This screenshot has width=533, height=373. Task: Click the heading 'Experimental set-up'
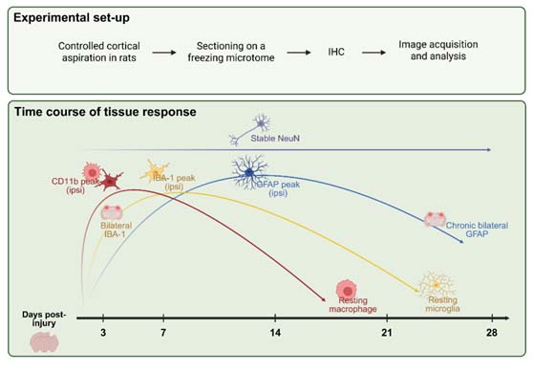point(72,18)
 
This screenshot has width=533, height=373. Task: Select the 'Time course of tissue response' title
point(105,112)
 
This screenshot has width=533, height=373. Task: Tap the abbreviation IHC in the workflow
point(336,52)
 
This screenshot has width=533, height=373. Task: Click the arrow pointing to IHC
point(298,53)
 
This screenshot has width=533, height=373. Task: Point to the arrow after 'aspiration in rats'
point(164,53)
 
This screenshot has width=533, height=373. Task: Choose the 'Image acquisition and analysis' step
point(438,51)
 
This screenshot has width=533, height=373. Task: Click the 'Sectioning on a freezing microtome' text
point(231,52)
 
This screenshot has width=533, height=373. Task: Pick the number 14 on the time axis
point(275,333)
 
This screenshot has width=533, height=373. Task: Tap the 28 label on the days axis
point(492,333)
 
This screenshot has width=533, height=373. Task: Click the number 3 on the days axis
point(103,333)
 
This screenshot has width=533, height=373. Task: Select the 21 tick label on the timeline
point(387,333)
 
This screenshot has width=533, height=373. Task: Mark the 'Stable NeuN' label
point(275,139)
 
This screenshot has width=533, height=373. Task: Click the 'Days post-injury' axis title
point(44,318)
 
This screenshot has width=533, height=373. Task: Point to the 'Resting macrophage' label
point(352,305)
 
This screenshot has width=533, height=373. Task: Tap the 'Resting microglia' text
point(442,304)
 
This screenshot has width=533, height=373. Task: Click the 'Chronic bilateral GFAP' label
point(477,230)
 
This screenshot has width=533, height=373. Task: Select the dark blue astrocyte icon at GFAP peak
point(249,172)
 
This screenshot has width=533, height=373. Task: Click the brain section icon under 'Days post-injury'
point(45,342)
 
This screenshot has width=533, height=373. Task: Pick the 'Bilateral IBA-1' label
point(116,230)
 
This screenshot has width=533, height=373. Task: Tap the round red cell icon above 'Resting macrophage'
point(347,290)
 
